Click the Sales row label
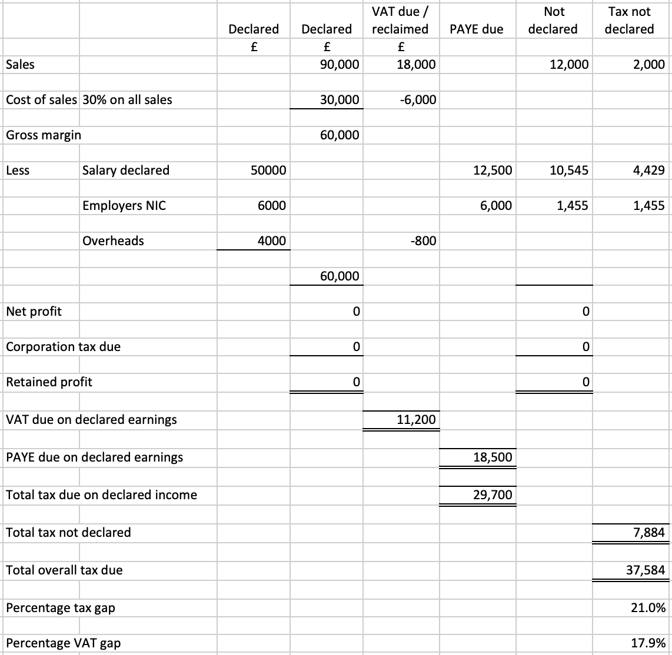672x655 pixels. (20, 65)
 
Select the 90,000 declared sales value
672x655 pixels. (340, 65)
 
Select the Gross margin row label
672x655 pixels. (44, 135)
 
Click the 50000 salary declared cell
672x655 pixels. (268, 171)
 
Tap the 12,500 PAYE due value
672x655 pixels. (493, 171)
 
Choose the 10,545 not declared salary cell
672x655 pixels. (569, 171)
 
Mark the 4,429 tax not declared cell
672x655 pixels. (650, 171)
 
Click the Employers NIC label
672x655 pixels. (124, 206)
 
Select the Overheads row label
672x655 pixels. (113, 241)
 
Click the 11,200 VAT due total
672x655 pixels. (416, 420)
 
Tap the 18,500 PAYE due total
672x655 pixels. (493, 457)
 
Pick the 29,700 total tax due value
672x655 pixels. (493, 495)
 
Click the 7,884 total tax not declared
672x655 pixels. (650, 533)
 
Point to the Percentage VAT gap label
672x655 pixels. (63, 643)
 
